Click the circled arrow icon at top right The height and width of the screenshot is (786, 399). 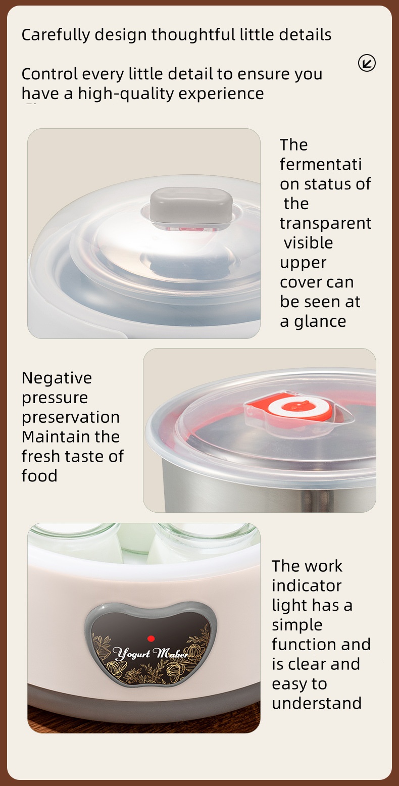(367, 63)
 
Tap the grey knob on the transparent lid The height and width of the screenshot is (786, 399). (191, 205)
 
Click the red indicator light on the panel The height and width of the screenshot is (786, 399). (151, 638)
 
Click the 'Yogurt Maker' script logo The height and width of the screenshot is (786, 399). (151, 654)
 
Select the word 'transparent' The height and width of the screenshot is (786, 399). (326, 223)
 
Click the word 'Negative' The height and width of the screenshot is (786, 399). (57, 378)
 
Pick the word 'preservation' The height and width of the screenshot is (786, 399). (71, 418)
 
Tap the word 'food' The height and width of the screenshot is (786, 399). (39, 476)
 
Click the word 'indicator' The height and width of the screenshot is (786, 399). (307, 585)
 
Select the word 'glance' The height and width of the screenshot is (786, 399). (320, 322)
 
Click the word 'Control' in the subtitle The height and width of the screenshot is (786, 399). (49, 74)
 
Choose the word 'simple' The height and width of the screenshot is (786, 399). (297, 625)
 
